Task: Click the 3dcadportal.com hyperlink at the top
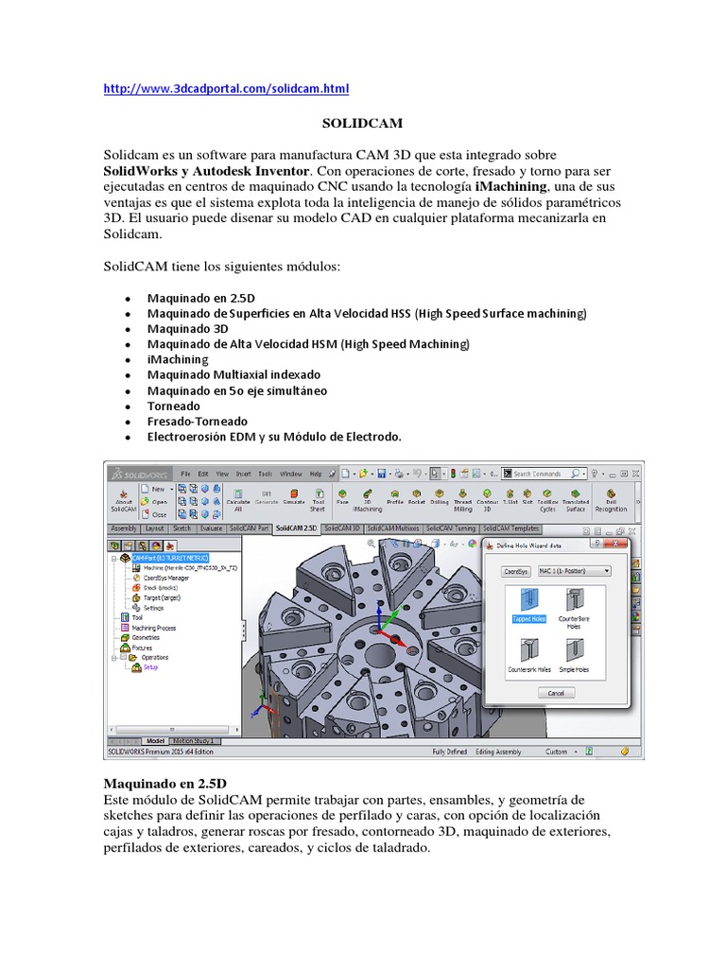(x=226, y=89)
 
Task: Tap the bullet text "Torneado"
(x=174, y=406)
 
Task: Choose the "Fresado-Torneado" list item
(x=198, y=421)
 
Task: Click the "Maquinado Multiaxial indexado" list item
(x=233, y=374)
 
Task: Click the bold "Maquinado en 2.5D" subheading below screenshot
(x=164, y=784)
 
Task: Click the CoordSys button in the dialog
(x=515, y=571)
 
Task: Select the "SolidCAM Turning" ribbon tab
(x=452, y=528)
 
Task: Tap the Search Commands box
(x=544, y=474)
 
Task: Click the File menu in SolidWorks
(x=185, y=474)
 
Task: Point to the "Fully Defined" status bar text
(x=452, y=752)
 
